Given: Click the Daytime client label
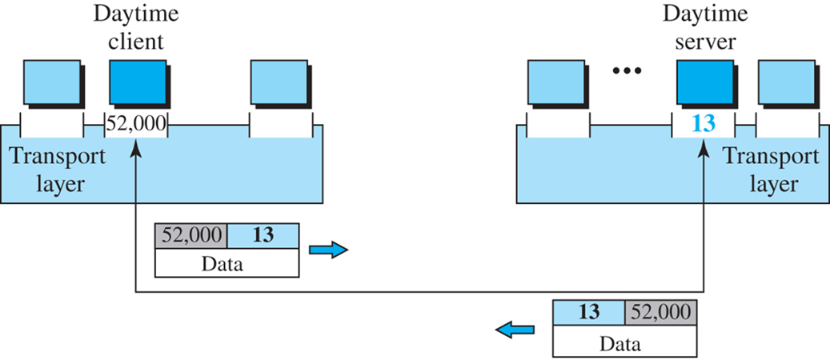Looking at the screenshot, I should coord(135,26).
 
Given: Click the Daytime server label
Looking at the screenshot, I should coord(700,26).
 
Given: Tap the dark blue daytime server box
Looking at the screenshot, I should coord(705,84).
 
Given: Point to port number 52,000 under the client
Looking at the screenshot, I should coord(136,124).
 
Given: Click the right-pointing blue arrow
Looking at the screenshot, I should coord(329,250).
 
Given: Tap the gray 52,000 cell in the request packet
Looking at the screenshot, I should coord(190,236).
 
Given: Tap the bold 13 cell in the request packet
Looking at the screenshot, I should coord(263,236).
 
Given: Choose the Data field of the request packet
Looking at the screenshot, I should coord(226,264).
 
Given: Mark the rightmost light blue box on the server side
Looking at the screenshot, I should coord(789,84).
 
